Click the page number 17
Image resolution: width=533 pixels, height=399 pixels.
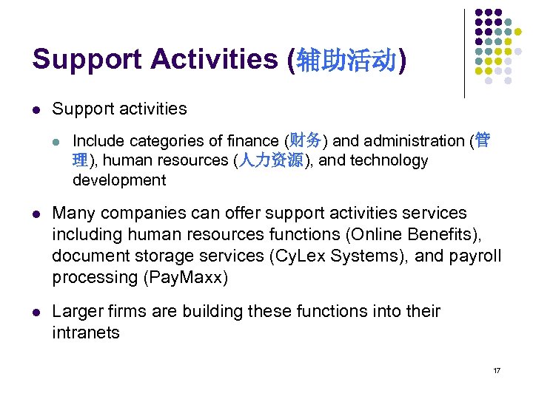tap(497, 370)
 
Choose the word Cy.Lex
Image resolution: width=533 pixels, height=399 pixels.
tap(295, 256)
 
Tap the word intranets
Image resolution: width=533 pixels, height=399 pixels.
tap(86, 333)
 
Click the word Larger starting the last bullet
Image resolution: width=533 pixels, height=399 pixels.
tap(78, 312)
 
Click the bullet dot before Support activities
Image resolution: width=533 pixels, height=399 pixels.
tap(36, 109)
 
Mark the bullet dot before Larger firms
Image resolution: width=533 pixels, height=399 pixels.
tap(36, 313)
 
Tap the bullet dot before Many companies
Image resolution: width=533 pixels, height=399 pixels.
tap(36, 214)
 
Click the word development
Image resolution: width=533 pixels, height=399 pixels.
tap(119, 180)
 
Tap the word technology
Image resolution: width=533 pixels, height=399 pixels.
tap(385, 161)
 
